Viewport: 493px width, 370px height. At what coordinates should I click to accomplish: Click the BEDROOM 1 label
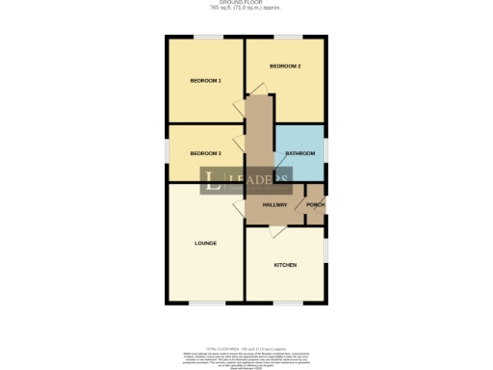[206, 80]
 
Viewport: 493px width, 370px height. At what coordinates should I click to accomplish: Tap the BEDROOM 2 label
[285, 66]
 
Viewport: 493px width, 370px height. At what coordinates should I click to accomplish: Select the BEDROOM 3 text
[206, 153]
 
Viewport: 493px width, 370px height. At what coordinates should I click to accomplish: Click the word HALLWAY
[274, 205]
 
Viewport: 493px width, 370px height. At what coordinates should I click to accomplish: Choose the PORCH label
[314, 205]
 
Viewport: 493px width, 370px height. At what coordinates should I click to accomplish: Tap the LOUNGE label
[205, 243]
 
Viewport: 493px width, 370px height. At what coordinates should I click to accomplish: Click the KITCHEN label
[285, 265]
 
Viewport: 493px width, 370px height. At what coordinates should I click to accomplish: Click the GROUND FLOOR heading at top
[246, 5]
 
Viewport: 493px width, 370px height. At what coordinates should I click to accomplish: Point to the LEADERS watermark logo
[246, 180]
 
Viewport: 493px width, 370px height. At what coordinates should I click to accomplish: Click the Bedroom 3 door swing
[238, 144]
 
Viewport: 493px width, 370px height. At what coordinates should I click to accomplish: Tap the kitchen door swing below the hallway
[276, 232]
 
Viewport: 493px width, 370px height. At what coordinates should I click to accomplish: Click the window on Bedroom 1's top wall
[205, 38]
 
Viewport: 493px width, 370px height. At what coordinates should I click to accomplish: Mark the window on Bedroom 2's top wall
[286, 38]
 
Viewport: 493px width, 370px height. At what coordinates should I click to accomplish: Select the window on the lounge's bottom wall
[205, 304]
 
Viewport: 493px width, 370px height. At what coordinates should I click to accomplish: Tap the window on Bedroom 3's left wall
[167, 153]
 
